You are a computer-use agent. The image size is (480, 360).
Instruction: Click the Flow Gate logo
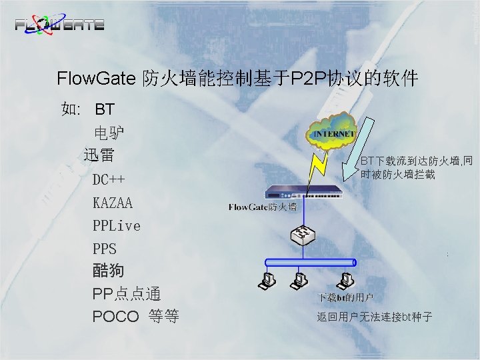click(x=59, y=25)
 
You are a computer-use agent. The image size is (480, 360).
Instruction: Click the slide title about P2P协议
click(x=237, y=79)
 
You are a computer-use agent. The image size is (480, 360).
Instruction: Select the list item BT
click(x=105, y=109)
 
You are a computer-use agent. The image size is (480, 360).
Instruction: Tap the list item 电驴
click(x=109, y=132)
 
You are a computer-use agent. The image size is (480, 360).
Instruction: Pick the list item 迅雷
click(x=99, y=155)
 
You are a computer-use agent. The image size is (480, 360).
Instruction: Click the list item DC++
click(x=109, y=179)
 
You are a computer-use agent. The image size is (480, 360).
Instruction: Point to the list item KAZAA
click(x=113, y=202)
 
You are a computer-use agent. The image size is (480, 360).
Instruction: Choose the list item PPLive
click(x=117, y=225)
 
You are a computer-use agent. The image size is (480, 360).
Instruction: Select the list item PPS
click(x=105, y=249)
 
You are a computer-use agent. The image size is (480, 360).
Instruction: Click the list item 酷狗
click(x=109, y=271)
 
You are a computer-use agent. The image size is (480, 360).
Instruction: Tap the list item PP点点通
click(x=127, y=293)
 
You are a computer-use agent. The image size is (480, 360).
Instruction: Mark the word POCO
click(x=115, y=316)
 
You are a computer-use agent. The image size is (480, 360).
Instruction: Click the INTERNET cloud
click(x=333, y=133)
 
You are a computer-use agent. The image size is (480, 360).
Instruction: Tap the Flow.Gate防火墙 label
click(x=262, y=207)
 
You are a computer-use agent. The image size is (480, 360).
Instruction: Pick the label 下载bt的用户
click(x=345, y=297)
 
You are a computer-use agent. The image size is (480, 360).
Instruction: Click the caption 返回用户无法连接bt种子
click(x=375, y=317)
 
